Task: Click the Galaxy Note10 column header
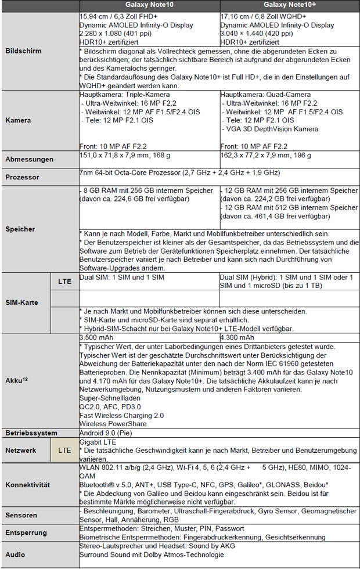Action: (x=149, y=5)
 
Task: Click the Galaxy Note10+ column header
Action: (x=289, y=5)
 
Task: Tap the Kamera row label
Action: (x=18, y=120)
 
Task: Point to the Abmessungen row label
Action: (x=29, y=159)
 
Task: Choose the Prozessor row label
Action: (x=23, y=177)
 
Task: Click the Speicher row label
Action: (x=21, y=229)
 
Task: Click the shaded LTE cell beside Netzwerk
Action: (x=64, y=450)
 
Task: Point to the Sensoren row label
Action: (x=22, y=515)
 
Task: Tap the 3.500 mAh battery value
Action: (x=97, y=337)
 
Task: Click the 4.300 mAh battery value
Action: (x=238, y=337)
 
